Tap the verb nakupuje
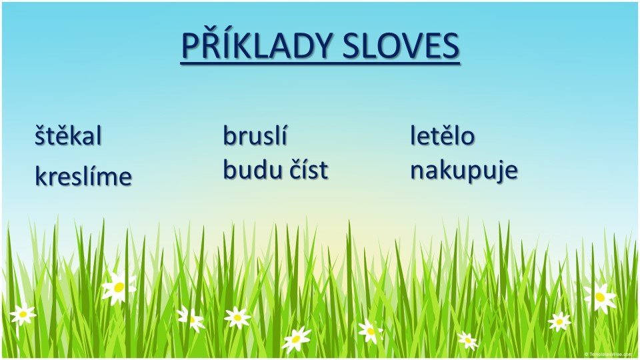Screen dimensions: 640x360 [x=464, y=171]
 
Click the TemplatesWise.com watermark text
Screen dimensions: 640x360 [x=609, y=354]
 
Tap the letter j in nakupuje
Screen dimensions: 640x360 [x=501, y=172]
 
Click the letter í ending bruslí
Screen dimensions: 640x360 [x=283, y=135]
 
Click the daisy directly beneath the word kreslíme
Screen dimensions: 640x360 [x=118, y=287]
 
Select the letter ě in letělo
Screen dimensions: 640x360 [x=447, y=135]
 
